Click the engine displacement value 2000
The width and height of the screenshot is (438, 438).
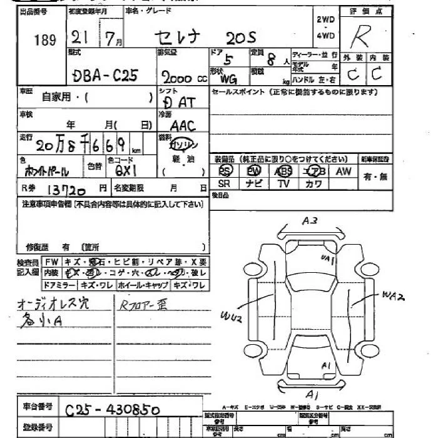pos(178,77)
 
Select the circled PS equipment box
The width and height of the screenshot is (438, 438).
pos(225,171)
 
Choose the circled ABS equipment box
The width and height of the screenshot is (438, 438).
pos(283,171)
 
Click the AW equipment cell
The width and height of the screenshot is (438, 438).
pos(344,171)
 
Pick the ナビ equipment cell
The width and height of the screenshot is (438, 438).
pos(253,183)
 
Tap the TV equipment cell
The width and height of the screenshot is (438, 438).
pos(283,183)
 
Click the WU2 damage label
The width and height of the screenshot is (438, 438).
pos(231,318)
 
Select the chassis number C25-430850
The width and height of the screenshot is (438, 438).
pos(113,410)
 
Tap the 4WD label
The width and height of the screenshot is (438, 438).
pos(325,36)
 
